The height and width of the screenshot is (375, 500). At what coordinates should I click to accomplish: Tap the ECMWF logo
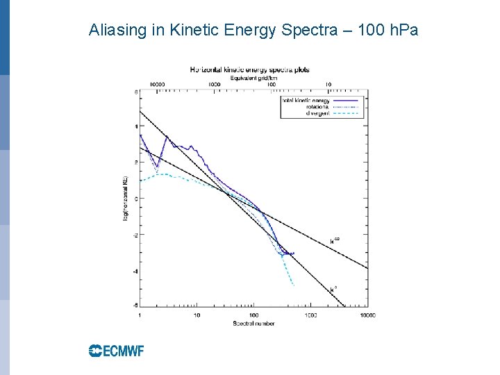(x=116, y=351)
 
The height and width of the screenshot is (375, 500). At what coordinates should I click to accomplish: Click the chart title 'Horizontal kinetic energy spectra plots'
(x=250, y=69)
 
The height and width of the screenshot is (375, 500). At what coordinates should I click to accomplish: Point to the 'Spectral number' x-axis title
(x=254, y=323)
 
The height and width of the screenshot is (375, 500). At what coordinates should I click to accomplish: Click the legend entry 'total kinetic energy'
(x=305, y=100)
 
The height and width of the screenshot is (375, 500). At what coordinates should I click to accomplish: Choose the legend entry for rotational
(x=318, y=106)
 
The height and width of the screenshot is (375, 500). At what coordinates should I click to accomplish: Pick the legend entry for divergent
(x=317, y=112)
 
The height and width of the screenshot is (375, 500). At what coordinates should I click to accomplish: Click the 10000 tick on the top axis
(x=158, y=84)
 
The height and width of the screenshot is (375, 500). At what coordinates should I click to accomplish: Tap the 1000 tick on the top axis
(x=215, y=84)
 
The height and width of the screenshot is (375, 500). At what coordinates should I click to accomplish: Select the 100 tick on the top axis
(x=272, y=84)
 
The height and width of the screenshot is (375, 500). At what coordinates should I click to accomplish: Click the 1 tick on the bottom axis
(x=140, y=315)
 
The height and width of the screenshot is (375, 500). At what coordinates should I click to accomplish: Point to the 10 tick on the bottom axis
(x=197, y=315)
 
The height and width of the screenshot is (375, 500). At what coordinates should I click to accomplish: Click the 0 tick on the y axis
(x=135, y=199)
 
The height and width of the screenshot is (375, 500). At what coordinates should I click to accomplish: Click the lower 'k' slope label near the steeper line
(x=334, y=286)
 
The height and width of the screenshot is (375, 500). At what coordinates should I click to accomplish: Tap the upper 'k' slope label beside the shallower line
(x=335, y=241)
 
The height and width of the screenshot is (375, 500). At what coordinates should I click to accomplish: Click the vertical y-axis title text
(x=126, y=199)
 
